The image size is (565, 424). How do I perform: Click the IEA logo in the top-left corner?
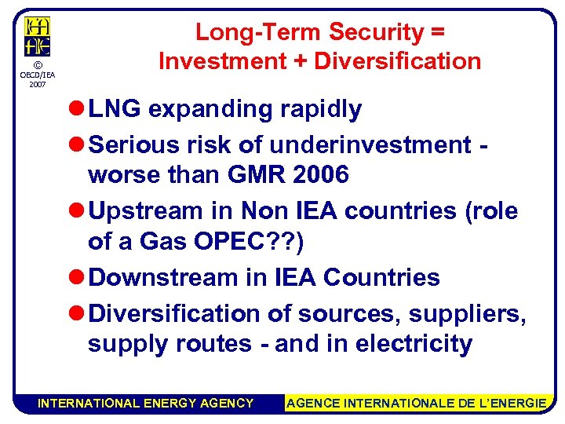37,36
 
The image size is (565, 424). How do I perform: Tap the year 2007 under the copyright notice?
37,83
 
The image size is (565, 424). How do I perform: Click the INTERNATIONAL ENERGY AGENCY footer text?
146,403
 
